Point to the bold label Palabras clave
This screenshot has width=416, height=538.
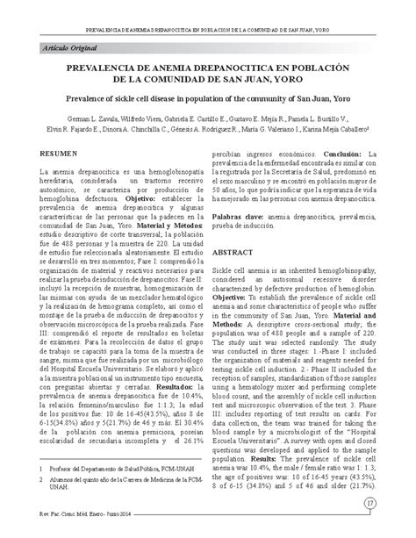click(240, 214)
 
